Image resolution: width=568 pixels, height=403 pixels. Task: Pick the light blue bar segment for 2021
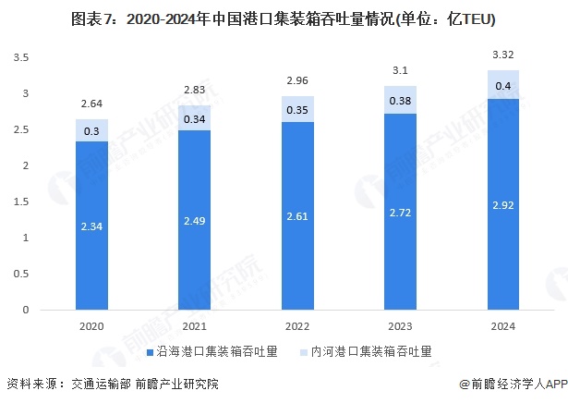point(195,118)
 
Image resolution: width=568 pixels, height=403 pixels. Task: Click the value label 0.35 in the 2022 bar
point(297,109)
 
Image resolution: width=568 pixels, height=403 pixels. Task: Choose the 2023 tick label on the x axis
point(401,327)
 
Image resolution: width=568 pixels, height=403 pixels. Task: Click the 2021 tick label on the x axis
point(195,327)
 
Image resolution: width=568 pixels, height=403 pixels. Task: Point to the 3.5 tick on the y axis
point(21,57)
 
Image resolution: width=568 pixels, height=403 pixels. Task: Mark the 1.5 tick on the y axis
point(21,202)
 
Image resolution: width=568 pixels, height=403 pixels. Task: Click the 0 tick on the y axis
point(28,311)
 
